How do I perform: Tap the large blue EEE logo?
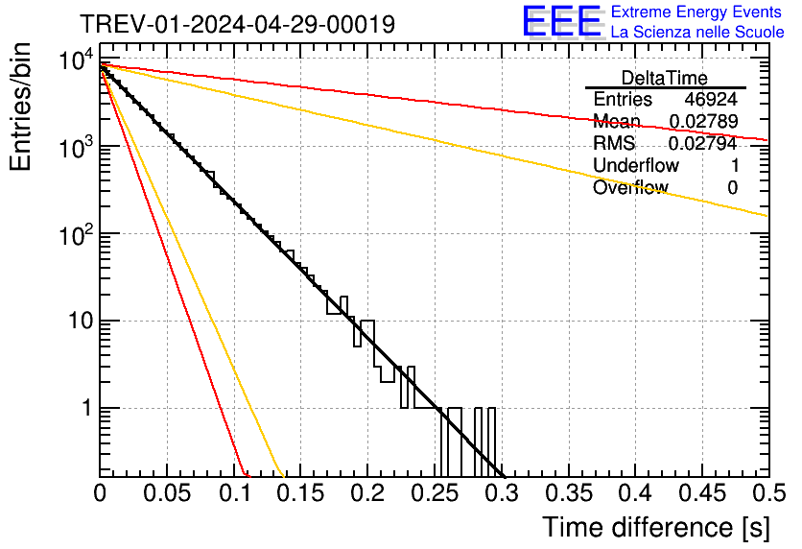561,22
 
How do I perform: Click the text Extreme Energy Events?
697,12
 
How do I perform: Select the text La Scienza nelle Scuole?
697,33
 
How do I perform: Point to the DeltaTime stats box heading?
664,78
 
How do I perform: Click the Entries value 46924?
711,100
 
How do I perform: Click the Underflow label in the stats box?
636,166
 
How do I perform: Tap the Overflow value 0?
732,188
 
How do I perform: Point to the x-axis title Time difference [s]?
655,527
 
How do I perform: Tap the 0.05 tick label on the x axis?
167,493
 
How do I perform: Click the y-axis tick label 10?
81,321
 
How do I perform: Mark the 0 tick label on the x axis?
100,493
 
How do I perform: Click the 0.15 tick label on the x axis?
300,493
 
